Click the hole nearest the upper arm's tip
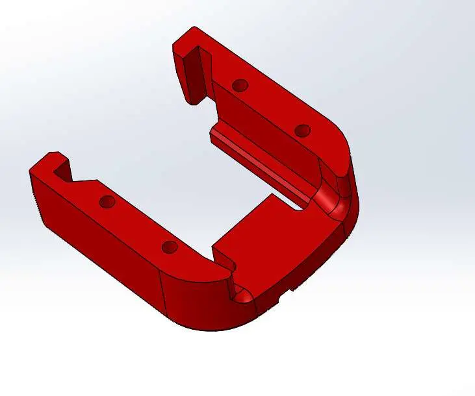pos(240,84)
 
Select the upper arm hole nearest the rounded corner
pos(302,130)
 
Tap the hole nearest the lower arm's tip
pos(107,201)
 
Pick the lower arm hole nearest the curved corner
pos(169,247)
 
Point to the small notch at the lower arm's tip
pos(62,171)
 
